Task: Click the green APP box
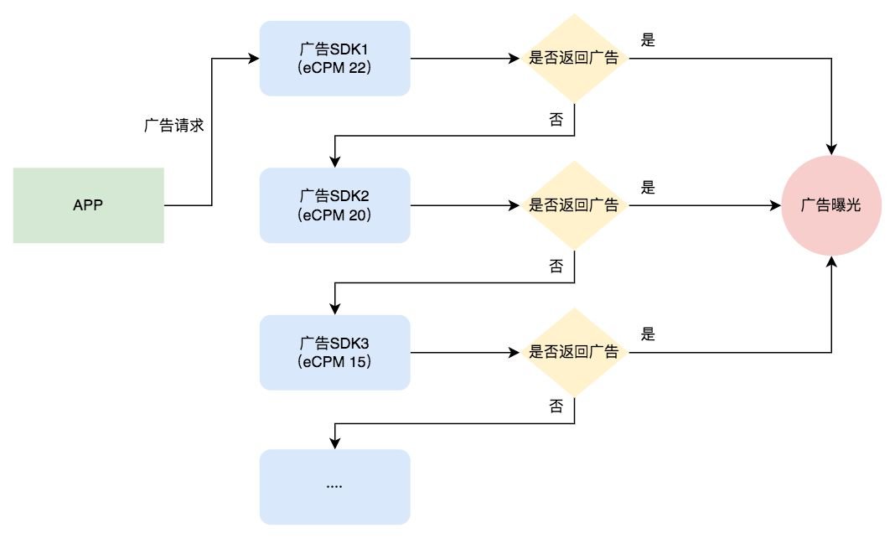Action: coord(88,205)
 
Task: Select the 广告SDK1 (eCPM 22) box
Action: coord(334,59)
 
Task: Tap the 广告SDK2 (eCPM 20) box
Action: coord(334,205)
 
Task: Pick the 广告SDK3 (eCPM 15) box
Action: coord(334,352)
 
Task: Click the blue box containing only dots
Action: coord(334,486)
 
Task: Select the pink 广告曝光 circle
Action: coord(831,205)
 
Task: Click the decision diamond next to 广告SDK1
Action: coord(574,59)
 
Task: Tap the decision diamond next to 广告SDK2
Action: coord(574,205)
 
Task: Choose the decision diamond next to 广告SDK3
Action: coord(574,352)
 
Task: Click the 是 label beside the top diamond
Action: coord(648,40)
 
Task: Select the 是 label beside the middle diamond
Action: coord(648,188)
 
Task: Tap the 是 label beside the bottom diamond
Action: coord(648,334)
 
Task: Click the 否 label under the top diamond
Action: coord(556,120)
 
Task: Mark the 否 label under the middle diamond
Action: coord(556,266)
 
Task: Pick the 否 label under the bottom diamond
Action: coord(556,406)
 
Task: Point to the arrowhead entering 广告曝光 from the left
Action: coord(775,205)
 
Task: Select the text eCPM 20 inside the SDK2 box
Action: coord(334,215)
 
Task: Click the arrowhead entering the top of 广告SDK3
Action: coord(334,309)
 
